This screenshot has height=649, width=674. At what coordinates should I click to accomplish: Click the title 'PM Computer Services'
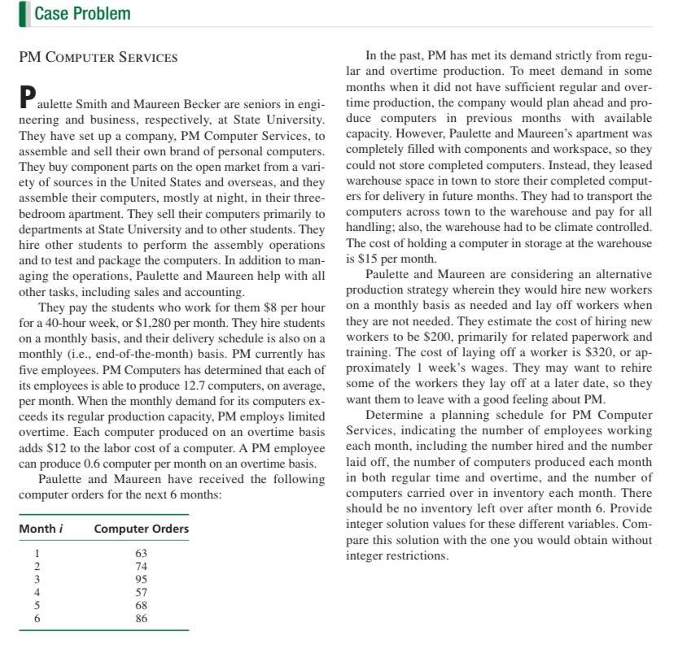(98, 57)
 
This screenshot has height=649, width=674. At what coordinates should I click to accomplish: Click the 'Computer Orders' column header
(141, 529)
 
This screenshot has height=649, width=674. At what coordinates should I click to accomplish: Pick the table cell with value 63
(141, 552)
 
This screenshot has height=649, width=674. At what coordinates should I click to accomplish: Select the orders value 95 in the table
(141, 579)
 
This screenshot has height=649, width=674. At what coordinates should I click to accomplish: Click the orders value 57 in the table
(141, 592)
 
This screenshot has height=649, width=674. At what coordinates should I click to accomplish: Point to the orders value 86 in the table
(141, 619)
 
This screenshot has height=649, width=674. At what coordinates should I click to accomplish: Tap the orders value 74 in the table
(141, 566)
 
